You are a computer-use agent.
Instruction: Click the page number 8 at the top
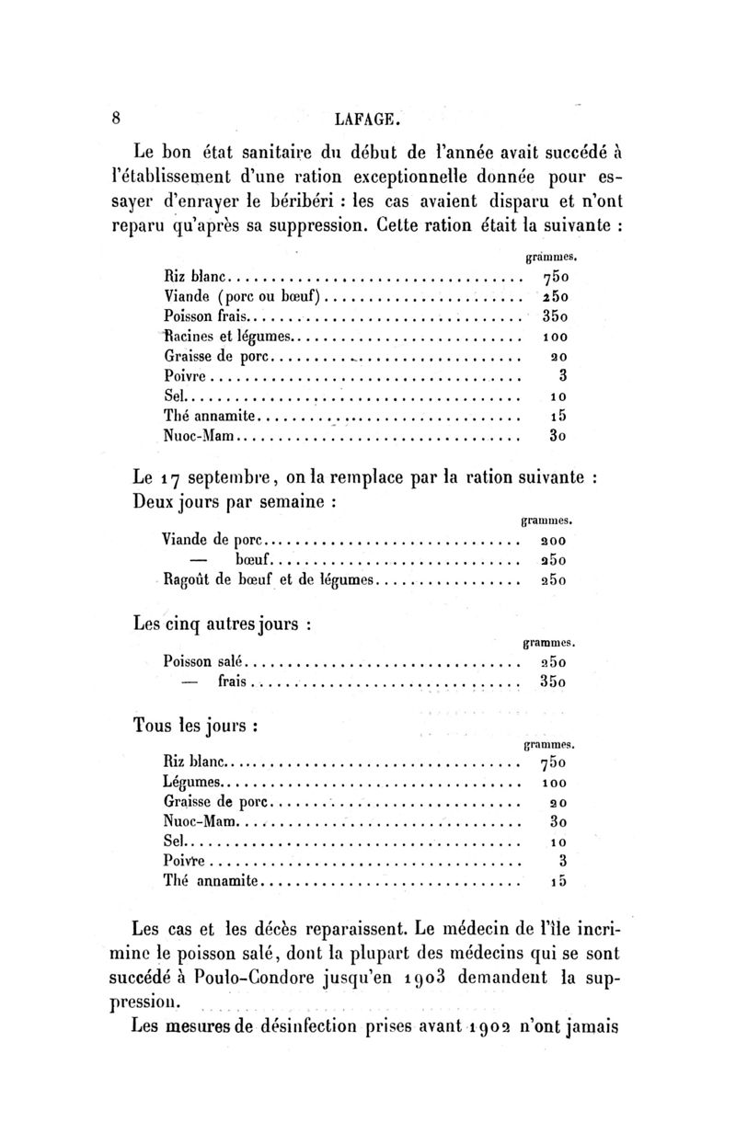[116, 118]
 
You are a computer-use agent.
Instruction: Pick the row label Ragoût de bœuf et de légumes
[270, 580]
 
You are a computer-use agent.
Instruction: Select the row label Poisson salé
[201, 660]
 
